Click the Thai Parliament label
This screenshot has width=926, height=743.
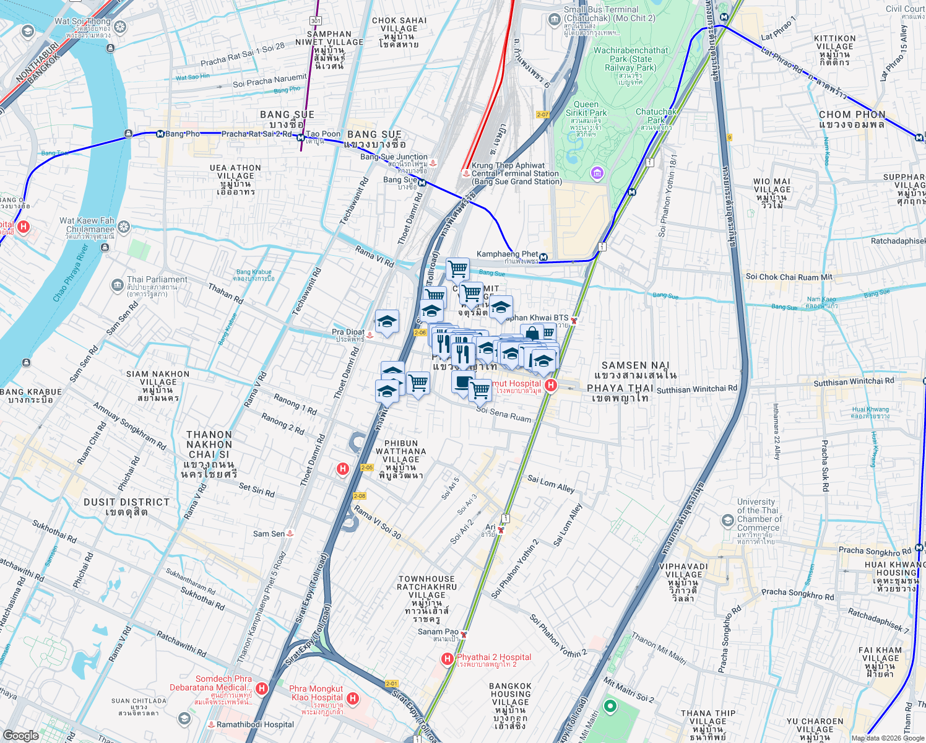coord(157,280)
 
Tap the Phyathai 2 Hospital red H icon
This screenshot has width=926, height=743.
coord(447,659)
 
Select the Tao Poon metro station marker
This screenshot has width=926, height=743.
coord(300,137)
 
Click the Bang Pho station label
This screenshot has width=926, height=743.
coord(183,134)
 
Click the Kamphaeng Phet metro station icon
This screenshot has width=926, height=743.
coord(543,257)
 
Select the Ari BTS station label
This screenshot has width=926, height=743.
coord(490,528)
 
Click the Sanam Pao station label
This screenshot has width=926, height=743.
coord(438,632)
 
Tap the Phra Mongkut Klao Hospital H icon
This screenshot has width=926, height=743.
coord(353,699)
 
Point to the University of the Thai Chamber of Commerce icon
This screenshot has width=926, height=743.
coord(728,520)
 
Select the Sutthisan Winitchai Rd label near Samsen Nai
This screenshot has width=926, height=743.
coord(697,389)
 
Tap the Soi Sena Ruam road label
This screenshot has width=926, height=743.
coord(503,414)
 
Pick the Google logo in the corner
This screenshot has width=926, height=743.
coord(20,735)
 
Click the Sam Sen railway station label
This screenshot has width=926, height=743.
coord(269,534)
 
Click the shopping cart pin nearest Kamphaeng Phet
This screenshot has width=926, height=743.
coord(457,269)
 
